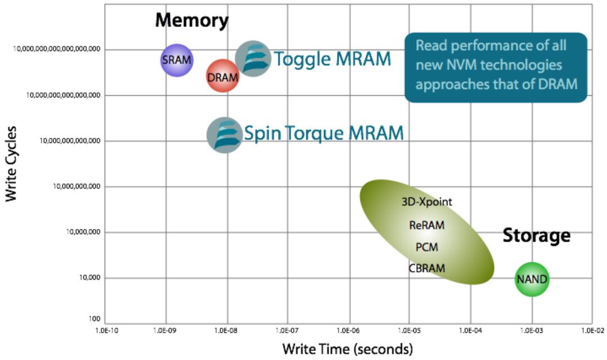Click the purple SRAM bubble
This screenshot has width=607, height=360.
point(177,60)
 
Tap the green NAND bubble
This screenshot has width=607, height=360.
point(532,279)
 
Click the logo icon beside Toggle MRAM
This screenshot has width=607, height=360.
point(253,58)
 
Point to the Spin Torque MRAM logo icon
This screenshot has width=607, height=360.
point(224,135)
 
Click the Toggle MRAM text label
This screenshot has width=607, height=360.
point(332,58)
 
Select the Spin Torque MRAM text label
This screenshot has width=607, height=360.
point(323,133)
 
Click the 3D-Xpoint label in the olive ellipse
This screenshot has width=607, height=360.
point(427,202)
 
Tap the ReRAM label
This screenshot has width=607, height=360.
point(427,225)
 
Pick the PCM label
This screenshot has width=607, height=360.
point(427,247)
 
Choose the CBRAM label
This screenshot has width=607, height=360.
point(427,268)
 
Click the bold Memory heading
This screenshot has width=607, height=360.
point(192,21)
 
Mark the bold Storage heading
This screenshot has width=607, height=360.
point(536,235)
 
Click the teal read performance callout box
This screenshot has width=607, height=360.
point(496,67)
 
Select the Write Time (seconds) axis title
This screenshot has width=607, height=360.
point(347,349)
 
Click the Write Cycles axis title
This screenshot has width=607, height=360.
point(11,164)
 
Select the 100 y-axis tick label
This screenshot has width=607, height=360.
point(94,319)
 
